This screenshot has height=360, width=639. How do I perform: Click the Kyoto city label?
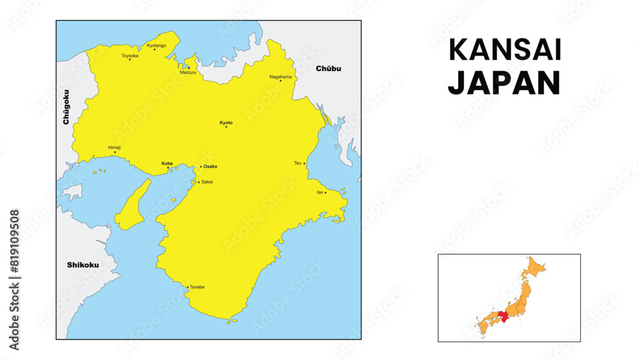click(x=226, y=122)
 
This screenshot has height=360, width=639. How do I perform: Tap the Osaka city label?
click(x=210, y=166)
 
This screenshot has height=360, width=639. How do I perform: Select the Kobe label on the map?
click(x=167, y=163)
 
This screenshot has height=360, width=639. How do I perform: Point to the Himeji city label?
click(x=114, y=147)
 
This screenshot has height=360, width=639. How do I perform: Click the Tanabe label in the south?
click(x=197, y=287)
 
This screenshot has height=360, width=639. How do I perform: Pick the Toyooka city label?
click(x=130, y=56)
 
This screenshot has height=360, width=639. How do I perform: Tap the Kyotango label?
click(x=157, y=45)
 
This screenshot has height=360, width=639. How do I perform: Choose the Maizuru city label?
click(x=189, y=73)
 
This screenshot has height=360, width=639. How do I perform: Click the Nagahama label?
click(x=281, y=77)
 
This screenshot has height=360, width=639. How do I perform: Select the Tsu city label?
click(x=297, y=163)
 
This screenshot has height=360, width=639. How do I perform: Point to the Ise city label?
click(x=319, y=192)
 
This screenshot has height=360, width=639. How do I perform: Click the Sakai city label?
click(x=207, y=182)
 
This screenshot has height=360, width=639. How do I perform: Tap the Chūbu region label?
click(x=328, y=68)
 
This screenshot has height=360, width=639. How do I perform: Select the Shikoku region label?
click(x=83, y=265)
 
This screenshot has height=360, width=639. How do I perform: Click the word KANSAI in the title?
click(x=505, y=51)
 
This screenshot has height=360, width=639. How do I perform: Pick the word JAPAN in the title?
click(x=505, y=83)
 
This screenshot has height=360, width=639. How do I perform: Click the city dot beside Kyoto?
click(x=226, y=127)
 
